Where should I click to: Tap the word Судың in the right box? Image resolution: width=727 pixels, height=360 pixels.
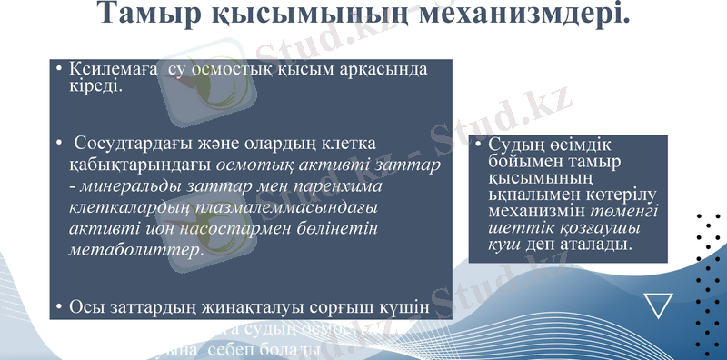(516, 145)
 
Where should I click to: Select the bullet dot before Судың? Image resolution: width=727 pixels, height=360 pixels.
(478, 145)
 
